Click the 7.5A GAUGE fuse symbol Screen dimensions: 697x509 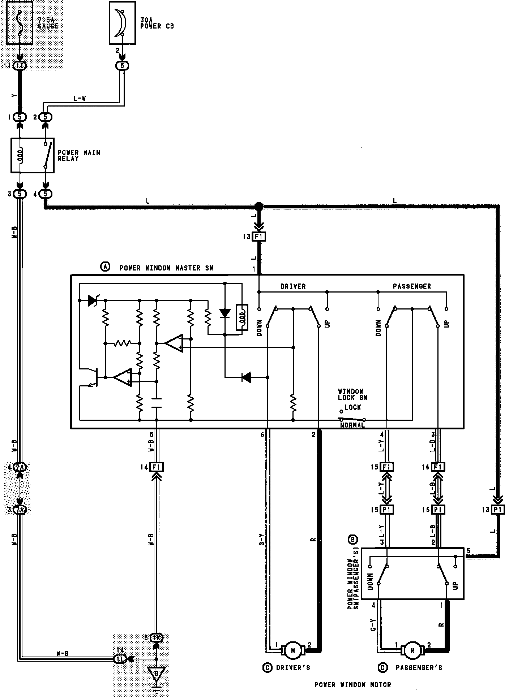(x=20, y=23)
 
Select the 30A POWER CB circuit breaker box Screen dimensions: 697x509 (x=122, y=23)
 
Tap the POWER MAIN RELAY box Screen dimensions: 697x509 (x=32, y=155)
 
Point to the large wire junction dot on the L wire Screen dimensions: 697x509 (x=258, y=207)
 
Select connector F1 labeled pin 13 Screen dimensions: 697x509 (x=258, y=237)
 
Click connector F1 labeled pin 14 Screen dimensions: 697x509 (x=157, y=467)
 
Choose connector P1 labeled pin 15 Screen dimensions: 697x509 (x=387, y=509)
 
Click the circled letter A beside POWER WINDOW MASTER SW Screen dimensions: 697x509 (x=104, y=267)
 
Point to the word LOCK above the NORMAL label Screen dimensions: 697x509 (x=352, y=407)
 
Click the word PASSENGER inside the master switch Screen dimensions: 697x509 (x=412, y=286)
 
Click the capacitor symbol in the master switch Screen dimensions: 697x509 (x=156, y=403)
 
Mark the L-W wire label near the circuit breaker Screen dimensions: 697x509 (x=79, y=98)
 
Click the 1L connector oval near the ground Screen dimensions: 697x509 (x=120, y=659)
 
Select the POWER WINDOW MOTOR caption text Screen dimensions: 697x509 (x=352, y=684)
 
